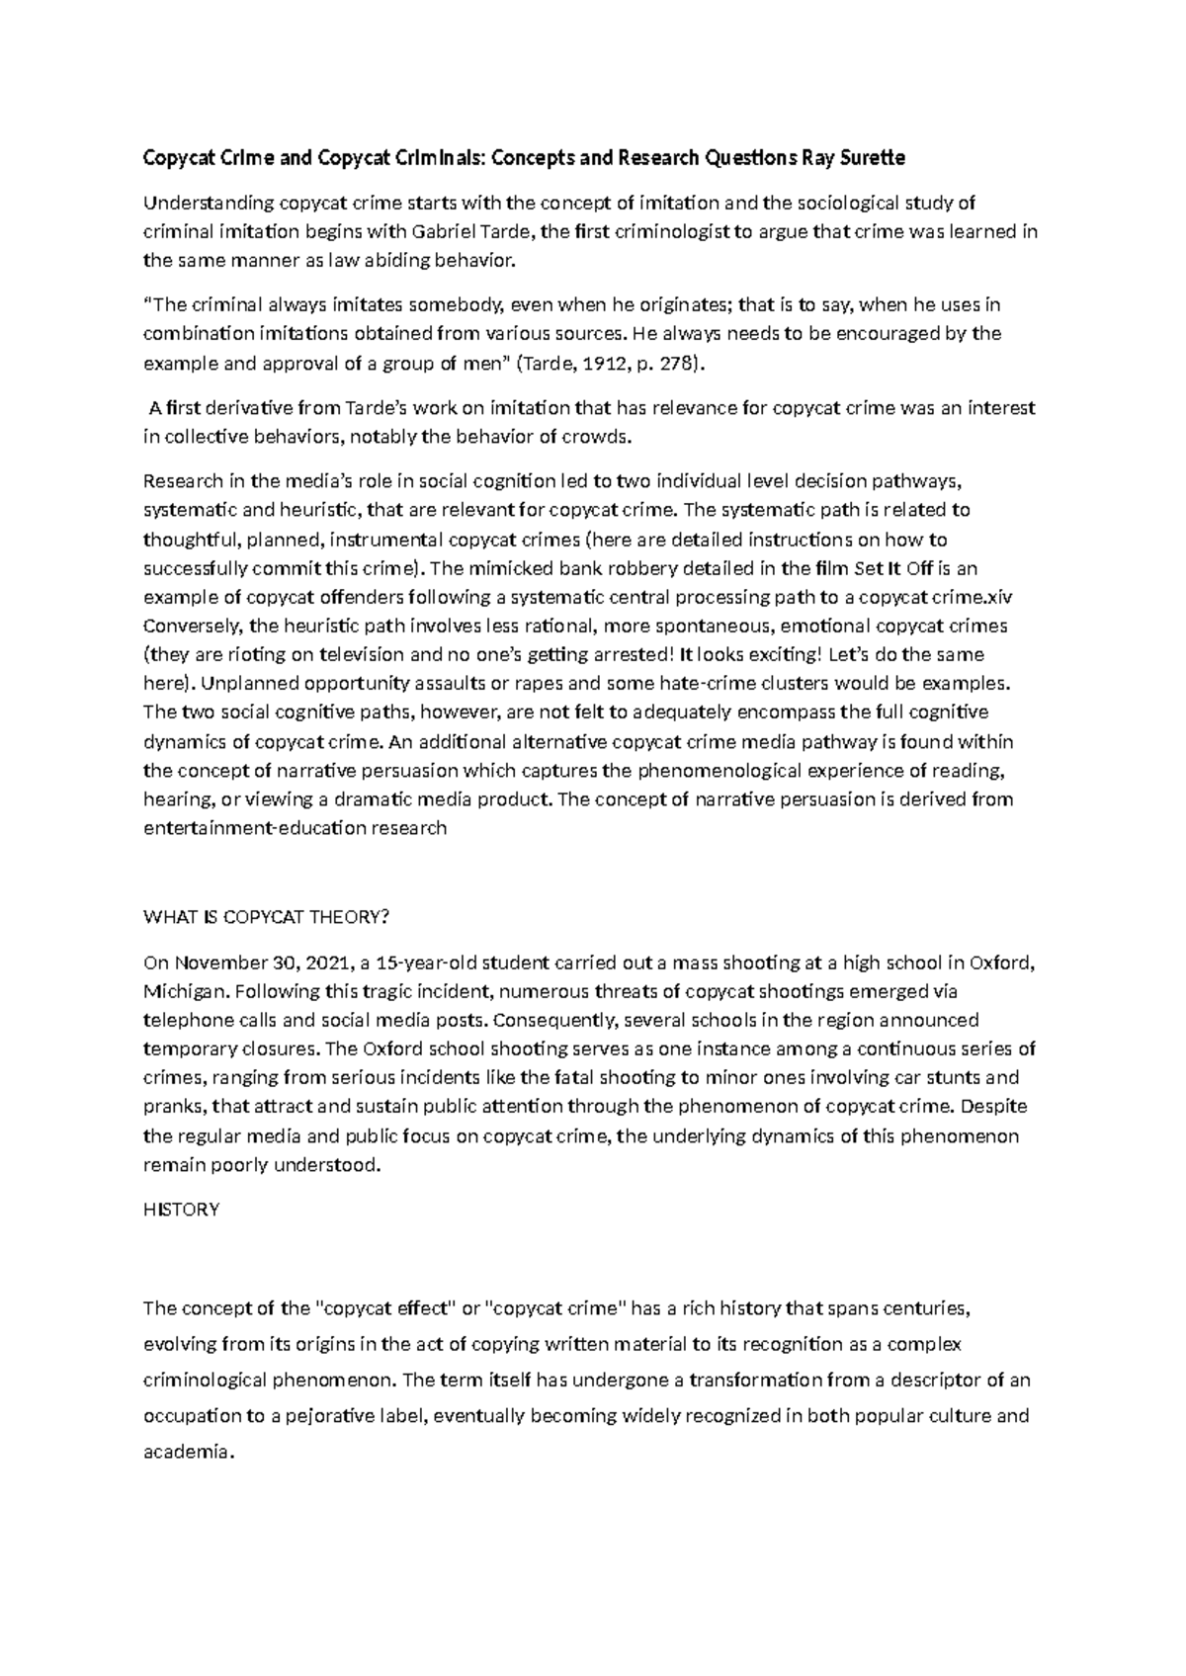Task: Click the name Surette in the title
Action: [x=872, y=157]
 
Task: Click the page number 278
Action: [x=682, y=363]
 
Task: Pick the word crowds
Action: [x=597, y=436]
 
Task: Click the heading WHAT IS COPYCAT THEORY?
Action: [x=267, y=916]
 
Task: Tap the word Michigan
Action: [x=180, y=991]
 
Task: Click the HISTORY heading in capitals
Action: [x=181, y=1209]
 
